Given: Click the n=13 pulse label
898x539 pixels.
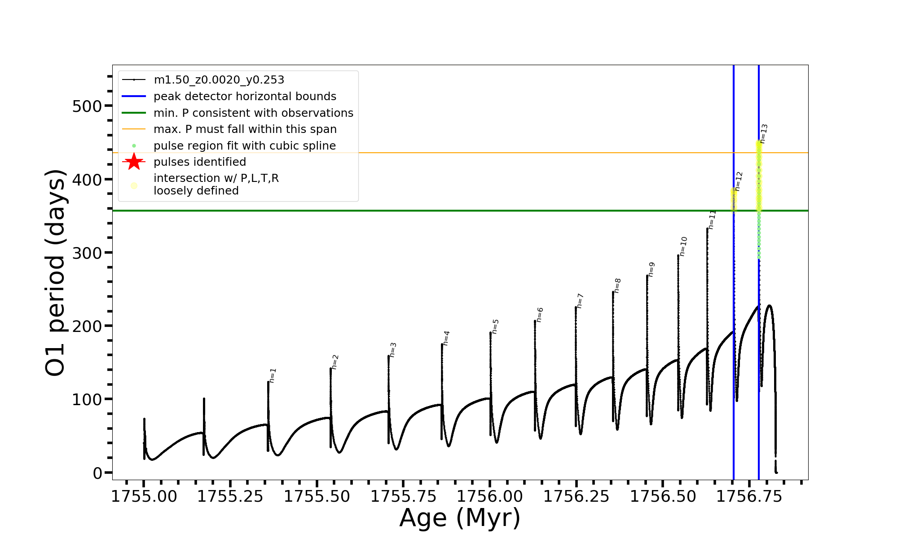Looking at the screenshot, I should pyautogui.click(x=764, y=134).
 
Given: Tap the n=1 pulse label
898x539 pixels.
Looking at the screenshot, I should pyautogui.click(x=273, y=376).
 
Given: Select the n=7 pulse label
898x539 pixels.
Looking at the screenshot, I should pyautogui.click(x=580, y=300).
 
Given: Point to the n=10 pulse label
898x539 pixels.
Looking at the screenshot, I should pyautogui.click(x=683, y=247).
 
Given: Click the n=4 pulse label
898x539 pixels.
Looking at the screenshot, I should pyautogui.click(x=446, y=338).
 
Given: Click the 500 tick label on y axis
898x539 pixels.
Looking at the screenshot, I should pyautogui.click(x=87, y=106).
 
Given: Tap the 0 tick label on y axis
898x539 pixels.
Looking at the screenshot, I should pyautogui.click(x=98, y=473).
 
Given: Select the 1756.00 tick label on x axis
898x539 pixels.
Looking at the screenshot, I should pyautogui.click(x=490, y=497).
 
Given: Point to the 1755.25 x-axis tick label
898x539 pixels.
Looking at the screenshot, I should pyautogui.click(x=230, y=497).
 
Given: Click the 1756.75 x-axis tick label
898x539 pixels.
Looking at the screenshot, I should pyautogui.click(x=749, y=497).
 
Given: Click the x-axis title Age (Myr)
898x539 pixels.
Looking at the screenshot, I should pyautogui.click(x=460, y=518).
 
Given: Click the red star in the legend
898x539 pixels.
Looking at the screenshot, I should pyautogui.click(x=134, y=162).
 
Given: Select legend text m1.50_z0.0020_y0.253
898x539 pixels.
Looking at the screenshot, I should pyautogui.click(x=219, y=80).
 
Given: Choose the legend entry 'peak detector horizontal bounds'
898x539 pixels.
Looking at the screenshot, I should pyautogui.click(x=245, y=97).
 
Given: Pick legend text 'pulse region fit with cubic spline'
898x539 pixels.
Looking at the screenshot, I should pyautogui.click(x=245, y=146).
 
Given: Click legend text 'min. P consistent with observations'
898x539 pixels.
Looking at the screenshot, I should pyautogui.click(x=253, y=113).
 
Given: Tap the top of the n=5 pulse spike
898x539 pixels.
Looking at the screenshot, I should pyautogui.click(x=490, y=333).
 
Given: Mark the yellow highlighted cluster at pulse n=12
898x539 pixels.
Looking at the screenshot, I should pyautogui.click(x=734, y=199).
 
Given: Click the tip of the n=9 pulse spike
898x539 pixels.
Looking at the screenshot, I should pyautogui.click(x=647, y=276).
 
